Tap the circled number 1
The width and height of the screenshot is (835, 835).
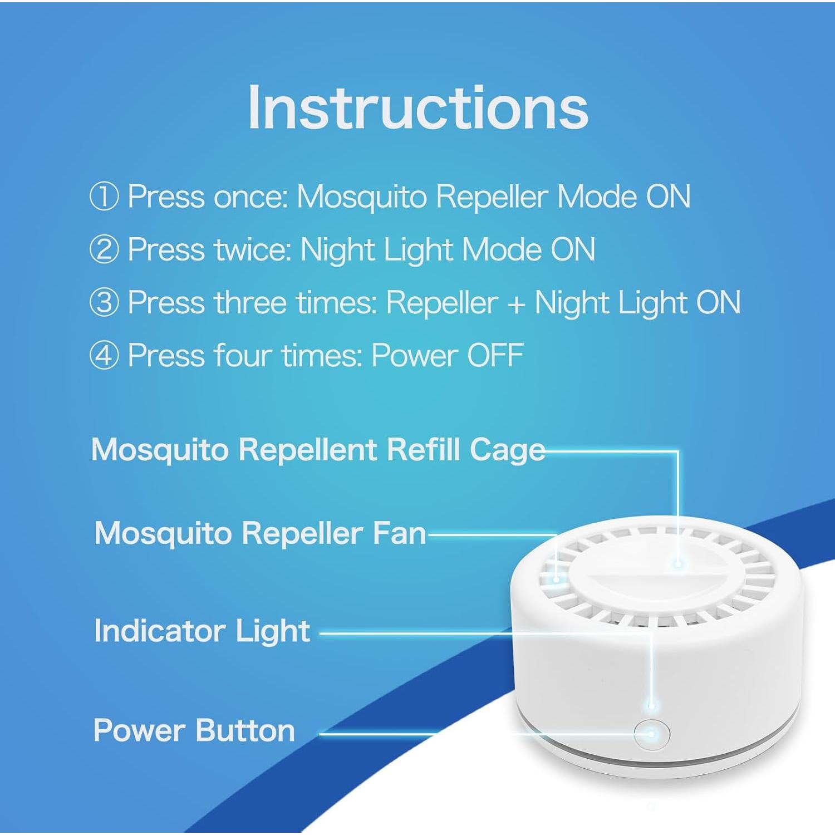(x=104, y=197)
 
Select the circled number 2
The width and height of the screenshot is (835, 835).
(x=104, y=249)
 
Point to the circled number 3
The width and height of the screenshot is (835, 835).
(x=104, y=302)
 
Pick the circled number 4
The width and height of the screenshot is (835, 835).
(x=104, y=355)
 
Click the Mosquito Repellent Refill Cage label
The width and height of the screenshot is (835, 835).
(x=318, y=449)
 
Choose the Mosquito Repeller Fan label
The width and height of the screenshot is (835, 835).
(x=260, y=533)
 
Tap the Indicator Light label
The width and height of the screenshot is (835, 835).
(x=202, y=631)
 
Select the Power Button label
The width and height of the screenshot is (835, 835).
(x=194, y=730)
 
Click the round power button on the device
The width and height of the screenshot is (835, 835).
(x=651, y=734)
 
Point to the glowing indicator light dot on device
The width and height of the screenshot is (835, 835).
(x=651, y=706)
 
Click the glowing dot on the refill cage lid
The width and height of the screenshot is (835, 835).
(x=678, y=563)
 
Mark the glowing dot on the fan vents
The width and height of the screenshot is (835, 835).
(x=556, y=579)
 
